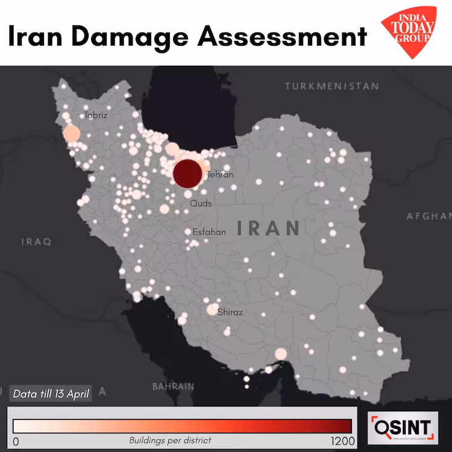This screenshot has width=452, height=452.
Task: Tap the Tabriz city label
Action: tap(96, 115)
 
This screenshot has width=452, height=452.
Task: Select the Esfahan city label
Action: tap(209, 231)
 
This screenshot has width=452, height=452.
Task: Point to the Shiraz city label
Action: tap(230, 312)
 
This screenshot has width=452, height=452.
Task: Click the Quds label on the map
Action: tap(201, 204)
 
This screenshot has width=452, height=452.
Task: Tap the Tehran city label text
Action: tap(219, 175)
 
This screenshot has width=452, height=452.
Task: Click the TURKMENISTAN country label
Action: tap(332, 86)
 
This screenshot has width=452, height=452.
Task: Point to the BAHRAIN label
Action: tap(173, 386)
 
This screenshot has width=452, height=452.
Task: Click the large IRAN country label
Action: tap(269, 228)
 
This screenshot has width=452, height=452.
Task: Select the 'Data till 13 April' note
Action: tap(51, 394)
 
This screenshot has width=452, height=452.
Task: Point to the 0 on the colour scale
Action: tap(16, 441)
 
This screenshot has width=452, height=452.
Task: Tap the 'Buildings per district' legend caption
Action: tap(170, 441)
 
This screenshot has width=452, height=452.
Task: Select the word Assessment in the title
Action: tap(282, 36)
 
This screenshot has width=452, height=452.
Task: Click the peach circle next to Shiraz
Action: tap(213, 309)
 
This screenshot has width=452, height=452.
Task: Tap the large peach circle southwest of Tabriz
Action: tap(71, 134)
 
